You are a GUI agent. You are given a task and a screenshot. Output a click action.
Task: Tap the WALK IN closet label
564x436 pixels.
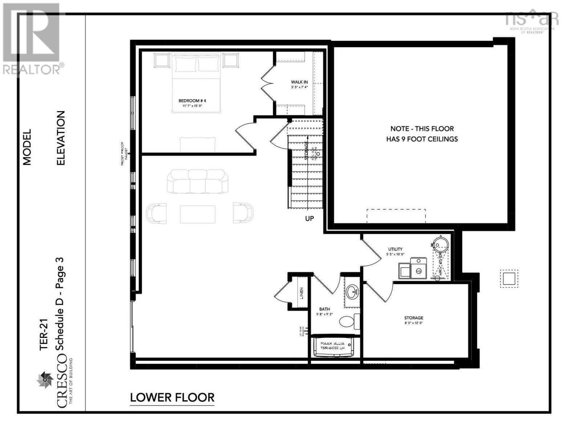[299, 82]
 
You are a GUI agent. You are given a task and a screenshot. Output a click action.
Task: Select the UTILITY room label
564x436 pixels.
[395, 249]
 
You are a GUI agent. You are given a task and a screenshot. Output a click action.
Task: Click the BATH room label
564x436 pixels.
[324, 309]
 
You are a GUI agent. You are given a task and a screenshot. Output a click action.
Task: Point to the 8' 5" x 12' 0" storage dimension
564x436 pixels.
[413, 323]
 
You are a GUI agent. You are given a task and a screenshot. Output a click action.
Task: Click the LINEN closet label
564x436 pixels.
[301, 293]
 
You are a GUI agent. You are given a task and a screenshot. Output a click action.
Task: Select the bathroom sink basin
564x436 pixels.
[352, 291]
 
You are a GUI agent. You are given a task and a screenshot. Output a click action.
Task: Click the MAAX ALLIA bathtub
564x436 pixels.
[332, 346]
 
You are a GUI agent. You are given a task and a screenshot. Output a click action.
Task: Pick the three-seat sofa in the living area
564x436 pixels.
[198, 181]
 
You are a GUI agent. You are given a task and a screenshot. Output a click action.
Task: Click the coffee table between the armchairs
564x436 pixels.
[198, 214]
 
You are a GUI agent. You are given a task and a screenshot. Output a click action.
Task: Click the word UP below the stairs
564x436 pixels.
[309, 219]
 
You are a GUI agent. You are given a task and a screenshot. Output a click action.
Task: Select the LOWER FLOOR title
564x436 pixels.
[172, 397]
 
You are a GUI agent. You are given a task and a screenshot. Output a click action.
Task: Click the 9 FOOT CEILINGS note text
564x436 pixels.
[422, 139]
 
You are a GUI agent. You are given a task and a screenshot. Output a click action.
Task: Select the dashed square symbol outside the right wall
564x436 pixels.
[509, 279]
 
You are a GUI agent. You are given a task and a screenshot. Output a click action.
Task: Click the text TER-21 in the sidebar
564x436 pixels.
[44, 337]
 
